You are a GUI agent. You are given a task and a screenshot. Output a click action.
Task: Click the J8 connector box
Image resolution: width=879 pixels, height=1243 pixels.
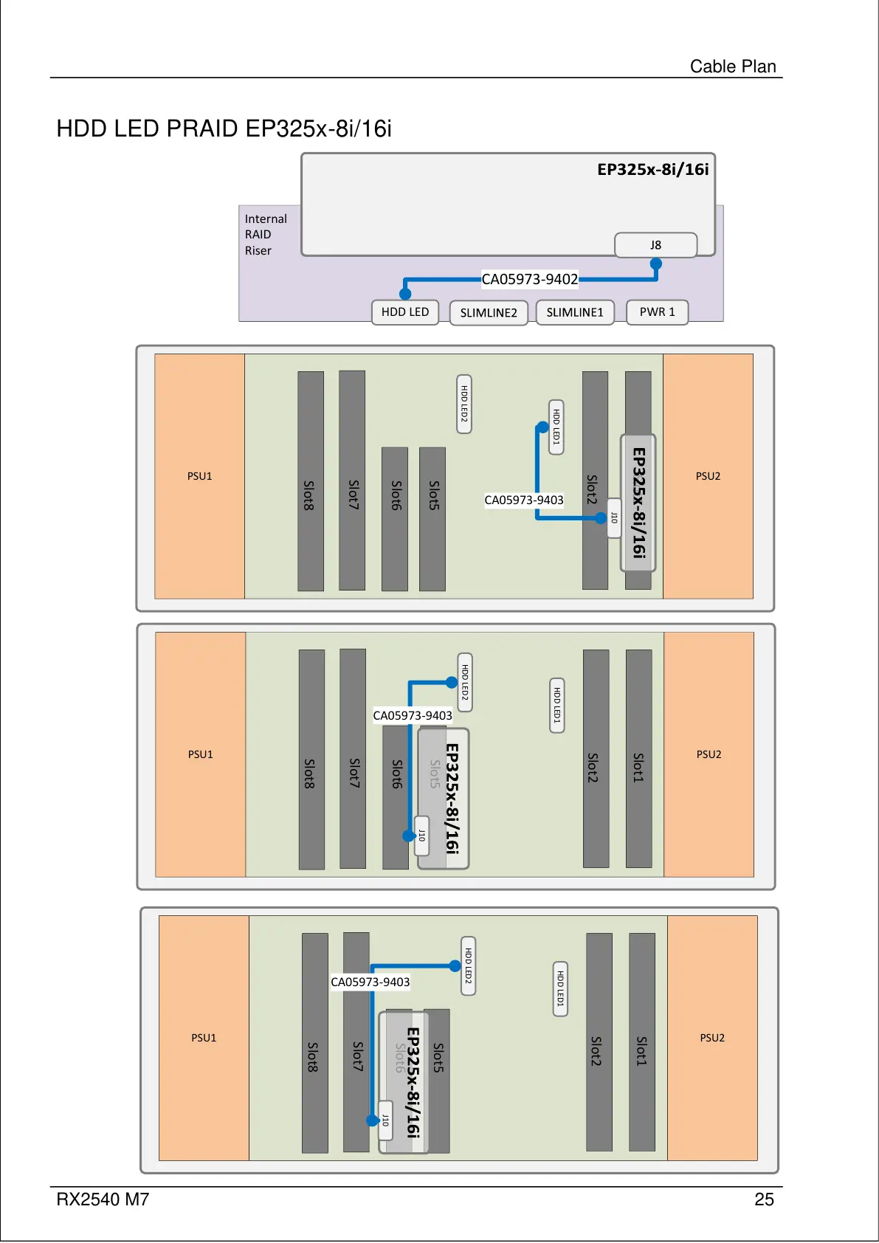[x=655, y=245]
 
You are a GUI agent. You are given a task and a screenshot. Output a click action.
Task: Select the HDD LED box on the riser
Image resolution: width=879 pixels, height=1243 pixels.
[x=405, y=312]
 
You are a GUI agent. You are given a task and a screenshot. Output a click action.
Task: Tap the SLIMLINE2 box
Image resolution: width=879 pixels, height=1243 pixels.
[x=489, y=313]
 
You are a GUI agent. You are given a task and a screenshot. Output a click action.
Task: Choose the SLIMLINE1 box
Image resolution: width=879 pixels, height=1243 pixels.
[x=575, y=313]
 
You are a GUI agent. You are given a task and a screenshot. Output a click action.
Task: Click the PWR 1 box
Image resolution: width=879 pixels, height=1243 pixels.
[x=657, y=312]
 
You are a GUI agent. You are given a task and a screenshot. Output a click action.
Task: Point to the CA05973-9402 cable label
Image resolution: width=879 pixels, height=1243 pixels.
[x=530, y=279]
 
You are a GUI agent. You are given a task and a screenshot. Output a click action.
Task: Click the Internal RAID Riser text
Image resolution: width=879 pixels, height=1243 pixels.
[x=266, y=235]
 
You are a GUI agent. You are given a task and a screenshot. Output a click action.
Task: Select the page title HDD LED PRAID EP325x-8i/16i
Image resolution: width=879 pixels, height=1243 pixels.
[x=224, y=128]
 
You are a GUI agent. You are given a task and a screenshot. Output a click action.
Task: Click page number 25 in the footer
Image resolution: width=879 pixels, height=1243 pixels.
[x=764, y=1199]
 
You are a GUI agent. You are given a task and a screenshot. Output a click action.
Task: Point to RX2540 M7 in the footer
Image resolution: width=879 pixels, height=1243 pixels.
[x=103, y=1199]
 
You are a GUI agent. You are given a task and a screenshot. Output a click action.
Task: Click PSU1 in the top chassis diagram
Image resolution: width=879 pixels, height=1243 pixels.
[x=199, y=476]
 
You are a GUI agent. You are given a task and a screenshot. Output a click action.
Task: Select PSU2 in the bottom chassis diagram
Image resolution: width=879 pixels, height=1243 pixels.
[x=712, y=1038]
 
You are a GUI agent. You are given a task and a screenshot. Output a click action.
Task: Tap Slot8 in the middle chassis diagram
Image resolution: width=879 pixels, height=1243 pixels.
[x=311, y=773]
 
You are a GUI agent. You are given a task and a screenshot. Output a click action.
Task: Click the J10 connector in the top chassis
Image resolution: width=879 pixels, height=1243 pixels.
[x=613, y=517]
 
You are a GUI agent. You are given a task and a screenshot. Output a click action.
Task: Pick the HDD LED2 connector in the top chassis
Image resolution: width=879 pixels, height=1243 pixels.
[x=464, y=404]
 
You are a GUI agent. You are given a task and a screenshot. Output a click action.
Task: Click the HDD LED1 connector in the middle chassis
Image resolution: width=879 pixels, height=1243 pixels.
[x=557, y=705]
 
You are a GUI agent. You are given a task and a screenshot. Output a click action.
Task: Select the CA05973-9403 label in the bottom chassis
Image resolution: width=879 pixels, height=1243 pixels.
[x=370, y=982]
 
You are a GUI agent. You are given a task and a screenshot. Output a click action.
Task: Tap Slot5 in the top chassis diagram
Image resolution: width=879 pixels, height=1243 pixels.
[x=433, y=495]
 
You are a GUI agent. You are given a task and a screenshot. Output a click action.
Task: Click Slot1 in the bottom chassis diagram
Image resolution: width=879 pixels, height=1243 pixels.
[x=641, y=1051]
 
